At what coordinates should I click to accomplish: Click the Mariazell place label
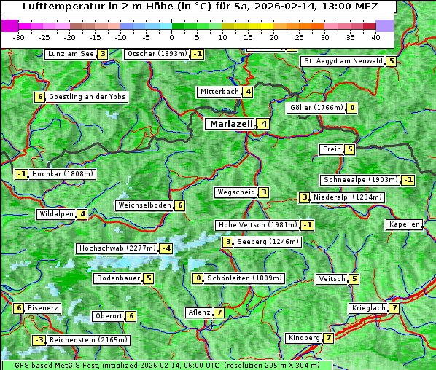pos(230,124)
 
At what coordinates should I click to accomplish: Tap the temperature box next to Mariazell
pos(264,124)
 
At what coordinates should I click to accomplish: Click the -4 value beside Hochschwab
pos(166,248)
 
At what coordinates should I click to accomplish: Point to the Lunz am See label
pos(71,54)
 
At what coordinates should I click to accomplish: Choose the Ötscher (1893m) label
pos(157,54)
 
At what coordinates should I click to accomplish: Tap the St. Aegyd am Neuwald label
pos(343,61)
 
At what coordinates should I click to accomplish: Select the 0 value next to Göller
pos(352,108)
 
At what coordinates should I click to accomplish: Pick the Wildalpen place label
pos(56,214)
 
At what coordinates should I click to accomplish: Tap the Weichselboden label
pos(144,205)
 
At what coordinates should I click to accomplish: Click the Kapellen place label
pos(404,224)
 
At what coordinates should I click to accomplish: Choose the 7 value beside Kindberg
pos(329,338)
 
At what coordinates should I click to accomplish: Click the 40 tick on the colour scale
pos(375,37)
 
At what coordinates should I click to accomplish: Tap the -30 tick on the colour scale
pos(19,37)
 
